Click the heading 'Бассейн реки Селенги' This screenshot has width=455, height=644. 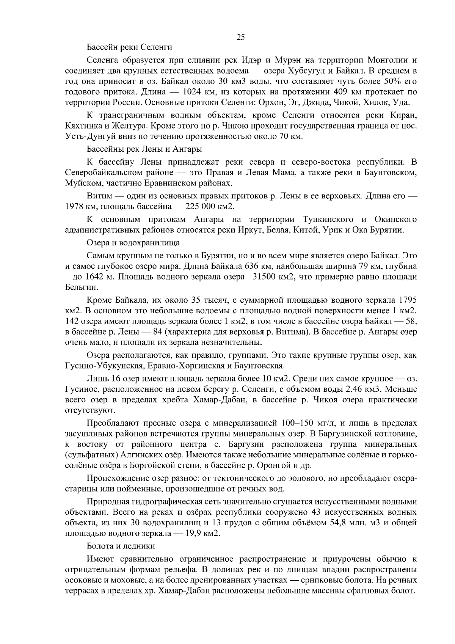[129, 47]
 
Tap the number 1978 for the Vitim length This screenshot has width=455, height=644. [74, 206]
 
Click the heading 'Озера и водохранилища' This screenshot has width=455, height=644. [133, 242]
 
